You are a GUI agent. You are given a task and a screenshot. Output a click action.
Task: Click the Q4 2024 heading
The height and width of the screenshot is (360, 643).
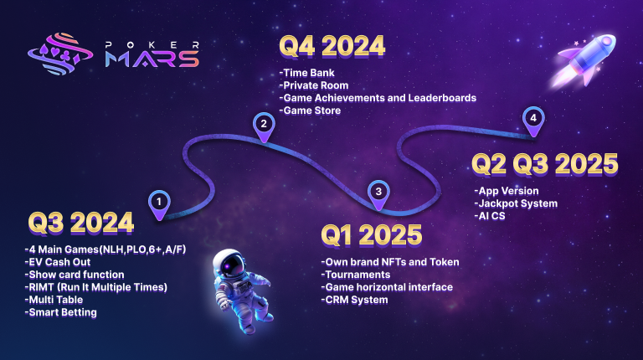332,46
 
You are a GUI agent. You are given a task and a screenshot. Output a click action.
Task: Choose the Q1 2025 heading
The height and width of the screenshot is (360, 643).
372,235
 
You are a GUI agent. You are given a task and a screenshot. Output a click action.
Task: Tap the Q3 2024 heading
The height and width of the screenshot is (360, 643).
81,223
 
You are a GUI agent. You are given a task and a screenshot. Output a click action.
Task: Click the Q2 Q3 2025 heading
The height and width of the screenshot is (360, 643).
545,164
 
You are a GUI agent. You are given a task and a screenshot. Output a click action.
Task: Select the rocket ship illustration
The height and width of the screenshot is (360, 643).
584,60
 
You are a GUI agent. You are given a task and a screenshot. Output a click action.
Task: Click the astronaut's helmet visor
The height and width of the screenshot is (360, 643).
231,265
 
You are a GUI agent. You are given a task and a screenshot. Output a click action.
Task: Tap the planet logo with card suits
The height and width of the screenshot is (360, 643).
60,54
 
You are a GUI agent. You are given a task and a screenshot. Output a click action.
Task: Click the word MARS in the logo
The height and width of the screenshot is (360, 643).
152,59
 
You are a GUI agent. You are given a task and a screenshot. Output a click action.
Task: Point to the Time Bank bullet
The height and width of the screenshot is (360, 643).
306,73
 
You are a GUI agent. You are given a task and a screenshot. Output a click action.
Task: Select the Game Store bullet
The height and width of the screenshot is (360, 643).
310,111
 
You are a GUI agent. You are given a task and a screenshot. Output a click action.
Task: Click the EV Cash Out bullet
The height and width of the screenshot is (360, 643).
58,262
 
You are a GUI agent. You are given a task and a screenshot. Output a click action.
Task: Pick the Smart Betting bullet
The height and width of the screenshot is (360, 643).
61,313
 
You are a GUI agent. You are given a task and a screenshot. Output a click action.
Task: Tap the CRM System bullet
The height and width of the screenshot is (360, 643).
355,300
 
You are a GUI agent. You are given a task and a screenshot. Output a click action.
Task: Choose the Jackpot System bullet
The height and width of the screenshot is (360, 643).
516,203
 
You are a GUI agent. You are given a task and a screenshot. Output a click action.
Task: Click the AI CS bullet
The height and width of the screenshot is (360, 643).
490,216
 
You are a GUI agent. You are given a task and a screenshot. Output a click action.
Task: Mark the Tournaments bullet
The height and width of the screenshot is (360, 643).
356,275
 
